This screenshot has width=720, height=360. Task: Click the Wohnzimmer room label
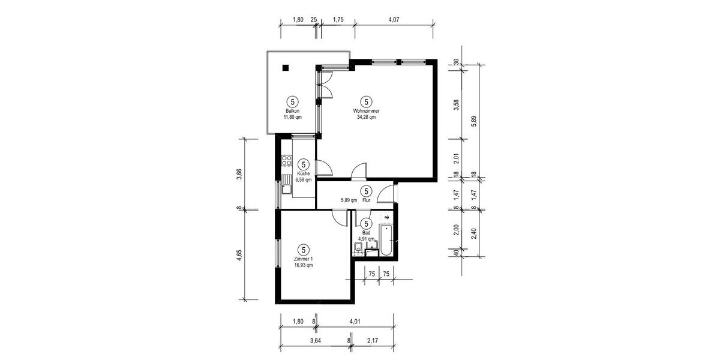[x=366, y=111]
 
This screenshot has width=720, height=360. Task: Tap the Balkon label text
[x=292, y=111]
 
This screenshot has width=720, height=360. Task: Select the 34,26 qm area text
[x=366, y=118]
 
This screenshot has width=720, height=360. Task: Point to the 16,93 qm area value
[x=304, y=265]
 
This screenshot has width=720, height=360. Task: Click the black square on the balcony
[x=286, y=68]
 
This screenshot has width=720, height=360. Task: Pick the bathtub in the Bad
[x=387, y=239]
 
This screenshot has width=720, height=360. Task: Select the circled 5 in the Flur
[x=366, y=191]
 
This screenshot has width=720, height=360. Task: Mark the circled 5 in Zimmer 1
[x=304, y=249]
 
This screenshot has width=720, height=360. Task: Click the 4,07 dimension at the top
[x=394, y=20]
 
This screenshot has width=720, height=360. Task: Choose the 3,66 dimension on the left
[x=239, y=174]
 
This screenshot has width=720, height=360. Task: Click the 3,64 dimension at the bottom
[x=314, y=341]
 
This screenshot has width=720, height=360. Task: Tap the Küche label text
[x=304, y=173]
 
